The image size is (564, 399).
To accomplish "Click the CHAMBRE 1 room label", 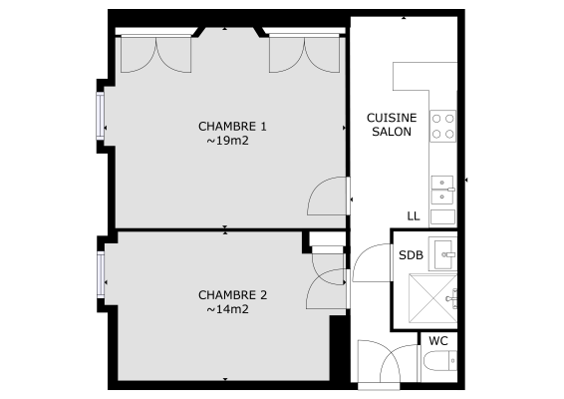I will pyautogui.click(x=233, y=127).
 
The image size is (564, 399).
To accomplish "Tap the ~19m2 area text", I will pyautogui.click(x=227, y=141).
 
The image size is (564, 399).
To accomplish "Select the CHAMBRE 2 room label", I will pyautogui.click(x=233, y=295).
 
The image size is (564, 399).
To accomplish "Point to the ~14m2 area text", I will pyautogui.click(x=227, y=309).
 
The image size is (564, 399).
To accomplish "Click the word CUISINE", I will pyautogui.click(x=392, y=117).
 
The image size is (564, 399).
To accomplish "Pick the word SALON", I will pyautogui.click(x=392, y=132).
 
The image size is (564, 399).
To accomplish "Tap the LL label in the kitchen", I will pyautogui.click(x=414, y=216).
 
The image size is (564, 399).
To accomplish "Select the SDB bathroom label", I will pyautogui.click(x=411, y=255).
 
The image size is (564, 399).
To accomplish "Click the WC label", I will pyautogui.click(x=438, y=341).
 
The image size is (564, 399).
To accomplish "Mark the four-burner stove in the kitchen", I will pyautogui.click(x=443, y=126).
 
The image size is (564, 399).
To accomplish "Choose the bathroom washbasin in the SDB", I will pyautogui.click(x=443, y=249).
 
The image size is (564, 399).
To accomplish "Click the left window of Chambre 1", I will pyautogui.click(x=101, y=116).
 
